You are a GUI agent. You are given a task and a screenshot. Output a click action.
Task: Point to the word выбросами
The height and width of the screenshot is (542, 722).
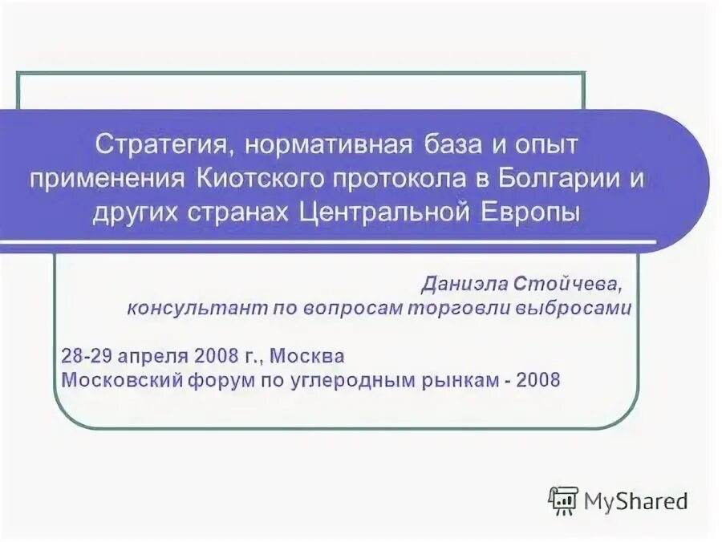tap(580, 309)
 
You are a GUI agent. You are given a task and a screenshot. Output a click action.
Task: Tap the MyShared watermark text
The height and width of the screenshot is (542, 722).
tap(635, 502)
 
